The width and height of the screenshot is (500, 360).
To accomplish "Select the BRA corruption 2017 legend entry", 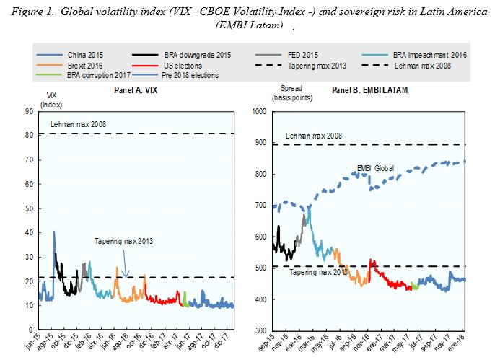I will pos(95,75).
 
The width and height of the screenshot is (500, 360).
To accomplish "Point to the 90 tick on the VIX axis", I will pos(29,111).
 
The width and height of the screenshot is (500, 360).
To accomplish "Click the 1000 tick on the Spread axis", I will pos(259,111).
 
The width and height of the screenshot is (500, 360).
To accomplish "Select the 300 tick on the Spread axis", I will pos(260,330).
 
